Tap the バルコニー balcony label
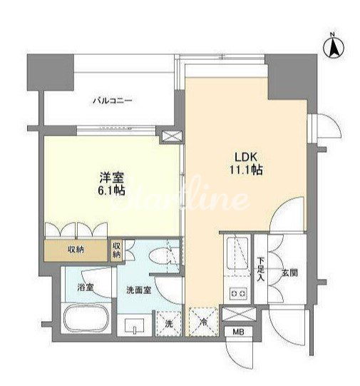(x=113, y=101)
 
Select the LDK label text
(x=246, y=157)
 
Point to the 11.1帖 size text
(x=246, y=170)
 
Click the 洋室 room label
(x=112, y=177)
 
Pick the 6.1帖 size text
(x=112, y=191)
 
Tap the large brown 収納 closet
(x=76, y=250)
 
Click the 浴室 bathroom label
(x=86, y=287)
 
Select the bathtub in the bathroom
(x=86, y=319)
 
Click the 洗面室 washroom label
(x=139, y=290)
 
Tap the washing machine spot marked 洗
(x=169, y=324)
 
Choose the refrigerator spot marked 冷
(x=204, y=322)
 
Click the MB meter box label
(x=238, y=332)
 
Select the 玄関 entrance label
(x=289, y=273)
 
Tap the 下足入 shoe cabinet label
(x=261, y=269)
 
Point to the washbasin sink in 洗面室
(x=134, y=325)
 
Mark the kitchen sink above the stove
(x=237, y=253)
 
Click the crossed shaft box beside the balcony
(x=173, y=136)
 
